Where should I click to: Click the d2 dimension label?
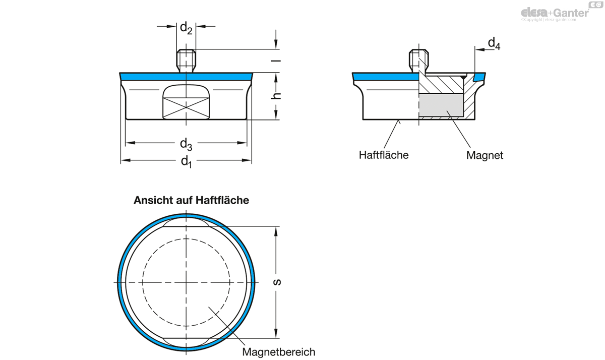[186, 28]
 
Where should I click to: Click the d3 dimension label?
[186, 144]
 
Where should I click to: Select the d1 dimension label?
[186, 161]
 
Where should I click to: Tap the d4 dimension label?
[494, 44]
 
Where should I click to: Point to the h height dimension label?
[276, 96]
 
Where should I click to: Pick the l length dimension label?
[276, 61]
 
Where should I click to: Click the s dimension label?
[277, 282]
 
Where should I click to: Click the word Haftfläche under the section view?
[384, 155]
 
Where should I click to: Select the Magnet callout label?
[485, 155]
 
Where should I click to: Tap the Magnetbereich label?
[278, 352]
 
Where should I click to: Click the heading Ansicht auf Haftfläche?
[191, 200]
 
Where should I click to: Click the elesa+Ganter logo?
[559, 12]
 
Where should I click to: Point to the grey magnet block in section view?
[441, 105]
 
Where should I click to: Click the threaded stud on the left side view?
[186, 61]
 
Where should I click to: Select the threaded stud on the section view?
[418, 61]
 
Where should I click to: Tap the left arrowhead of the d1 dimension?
[126, 160]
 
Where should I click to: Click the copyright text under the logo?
[549, 20]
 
